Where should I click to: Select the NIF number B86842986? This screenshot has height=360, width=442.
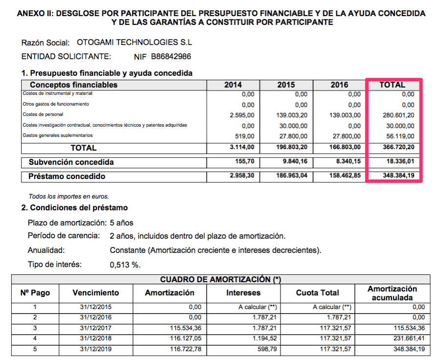(171, 57)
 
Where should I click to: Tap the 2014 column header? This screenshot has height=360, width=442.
(233, 85)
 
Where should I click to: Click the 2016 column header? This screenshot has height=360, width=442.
(339, 85)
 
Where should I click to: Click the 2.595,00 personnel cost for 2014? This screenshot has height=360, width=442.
(242, 115)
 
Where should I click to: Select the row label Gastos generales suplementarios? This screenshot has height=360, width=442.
(57, 135)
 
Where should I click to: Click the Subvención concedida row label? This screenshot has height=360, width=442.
(71, 162)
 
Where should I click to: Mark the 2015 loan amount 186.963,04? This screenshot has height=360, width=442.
(290, 176)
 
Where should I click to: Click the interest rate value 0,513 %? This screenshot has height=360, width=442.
(125, 265)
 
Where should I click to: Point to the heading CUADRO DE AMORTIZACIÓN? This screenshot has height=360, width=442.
(220, 279)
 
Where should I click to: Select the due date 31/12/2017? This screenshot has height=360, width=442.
(95, 327)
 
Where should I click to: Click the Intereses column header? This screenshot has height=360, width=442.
(243, 293)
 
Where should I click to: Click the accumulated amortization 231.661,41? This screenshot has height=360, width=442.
(408, 338)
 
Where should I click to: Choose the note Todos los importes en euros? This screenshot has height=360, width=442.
(69, 197)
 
